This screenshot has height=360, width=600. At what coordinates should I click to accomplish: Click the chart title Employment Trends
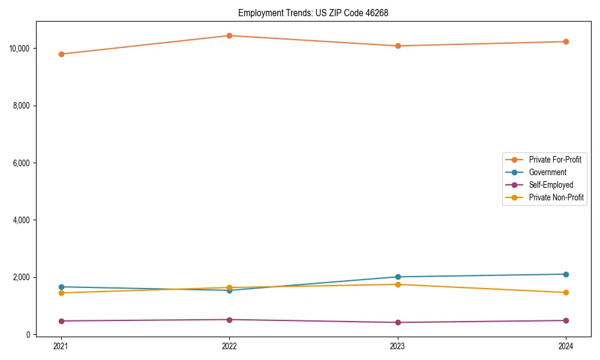[313, 13]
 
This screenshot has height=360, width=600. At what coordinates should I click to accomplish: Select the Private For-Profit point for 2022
[229, 35]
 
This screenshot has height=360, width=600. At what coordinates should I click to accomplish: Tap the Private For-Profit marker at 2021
[61, 54]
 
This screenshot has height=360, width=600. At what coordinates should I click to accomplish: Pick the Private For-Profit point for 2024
[566, 41]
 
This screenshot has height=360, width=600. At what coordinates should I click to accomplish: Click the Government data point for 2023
[398, 277]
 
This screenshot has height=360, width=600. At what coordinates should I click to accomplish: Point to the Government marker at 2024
[566, 274]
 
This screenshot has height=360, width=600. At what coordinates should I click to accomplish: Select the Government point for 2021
[61, 287]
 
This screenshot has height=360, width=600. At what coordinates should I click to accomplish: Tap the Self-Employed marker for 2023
[398, 322]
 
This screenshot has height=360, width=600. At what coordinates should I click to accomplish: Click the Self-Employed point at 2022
[229, 319]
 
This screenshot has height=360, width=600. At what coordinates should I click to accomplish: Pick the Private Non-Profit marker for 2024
[566, 292]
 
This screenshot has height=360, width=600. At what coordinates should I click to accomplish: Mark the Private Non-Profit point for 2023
[398, 284]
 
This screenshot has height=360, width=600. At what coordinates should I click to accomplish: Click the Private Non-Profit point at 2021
[61, 293]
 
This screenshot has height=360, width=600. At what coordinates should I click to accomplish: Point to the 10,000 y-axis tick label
[20, 48]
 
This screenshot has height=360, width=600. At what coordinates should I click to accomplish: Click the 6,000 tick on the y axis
[22, 163]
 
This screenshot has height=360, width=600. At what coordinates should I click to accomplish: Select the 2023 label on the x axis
[398, 346]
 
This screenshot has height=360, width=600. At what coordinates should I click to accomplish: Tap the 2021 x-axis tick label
[61, 346]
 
